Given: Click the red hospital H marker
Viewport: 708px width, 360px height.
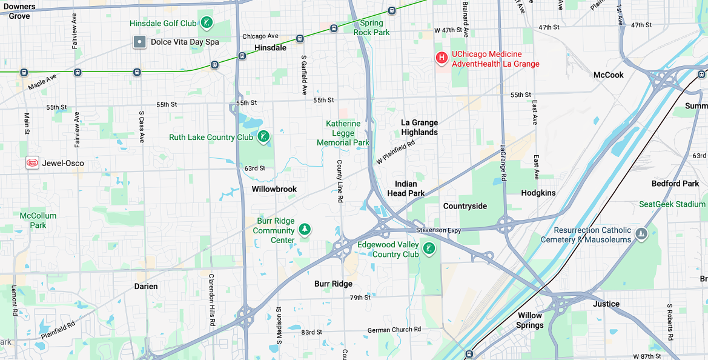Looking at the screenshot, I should [442, 58].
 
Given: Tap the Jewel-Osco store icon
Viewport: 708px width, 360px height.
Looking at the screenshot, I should [32, 163].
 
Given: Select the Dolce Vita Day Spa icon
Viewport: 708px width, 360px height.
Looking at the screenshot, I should [140, 42].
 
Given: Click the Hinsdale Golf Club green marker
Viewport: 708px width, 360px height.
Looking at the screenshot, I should [207, 23].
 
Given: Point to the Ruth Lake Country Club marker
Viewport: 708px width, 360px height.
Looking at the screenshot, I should [263, 136].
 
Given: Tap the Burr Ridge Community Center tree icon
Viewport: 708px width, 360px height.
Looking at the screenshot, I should [305, 229].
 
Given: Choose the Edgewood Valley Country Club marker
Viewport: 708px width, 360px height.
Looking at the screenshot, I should [429, 248].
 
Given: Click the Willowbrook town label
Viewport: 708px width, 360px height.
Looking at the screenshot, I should [274, 189].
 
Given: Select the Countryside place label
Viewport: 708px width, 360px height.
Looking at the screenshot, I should [465, 206].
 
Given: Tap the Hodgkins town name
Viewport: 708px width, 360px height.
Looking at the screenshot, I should [538, 193].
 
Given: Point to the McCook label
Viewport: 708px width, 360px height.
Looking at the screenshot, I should [609, 75].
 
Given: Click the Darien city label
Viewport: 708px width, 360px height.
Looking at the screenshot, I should [146, 286].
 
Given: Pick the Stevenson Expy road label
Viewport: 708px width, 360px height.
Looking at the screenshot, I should [438, 230].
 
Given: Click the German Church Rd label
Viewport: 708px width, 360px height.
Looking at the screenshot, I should [394, 330].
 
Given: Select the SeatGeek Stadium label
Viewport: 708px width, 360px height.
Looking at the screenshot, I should [672, 204].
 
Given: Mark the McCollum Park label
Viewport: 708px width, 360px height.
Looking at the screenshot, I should [38, 220].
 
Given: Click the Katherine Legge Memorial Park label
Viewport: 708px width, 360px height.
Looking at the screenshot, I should [343, 133].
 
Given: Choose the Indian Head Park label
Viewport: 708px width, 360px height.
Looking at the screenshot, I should [406, 188].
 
